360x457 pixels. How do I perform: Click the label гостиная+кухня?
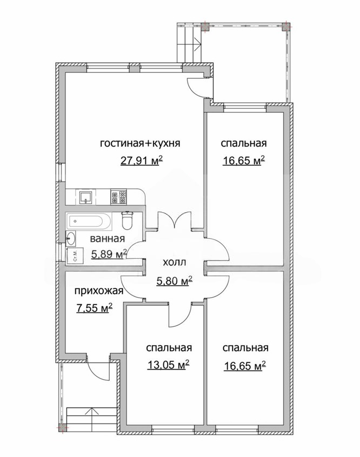[140, 143]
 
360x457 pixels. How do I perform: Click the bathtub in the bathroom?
[89, 221]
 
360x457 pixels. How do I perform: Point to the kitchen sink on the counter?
[86, 197]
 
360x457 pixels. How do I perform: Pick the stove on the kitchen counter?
[118, 197]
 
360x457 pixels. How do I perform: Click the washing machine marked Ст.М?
[75, 256]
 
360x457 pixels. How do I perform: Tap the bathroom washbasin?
[71, 238]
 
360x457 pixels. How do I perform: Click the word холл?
[174, 263]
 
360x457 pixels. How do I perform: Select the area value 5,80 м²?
[175, 281]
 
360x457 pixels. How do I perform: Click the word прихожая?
[99, 291]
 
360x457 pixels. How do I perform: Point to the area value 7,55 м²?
[95, 308]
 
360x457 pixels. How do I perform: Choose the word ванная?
[108, 239]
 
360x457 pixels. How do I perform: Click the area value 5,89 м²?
[109, 254]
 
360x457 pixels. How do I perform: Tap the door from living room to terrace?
[196, 88]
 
